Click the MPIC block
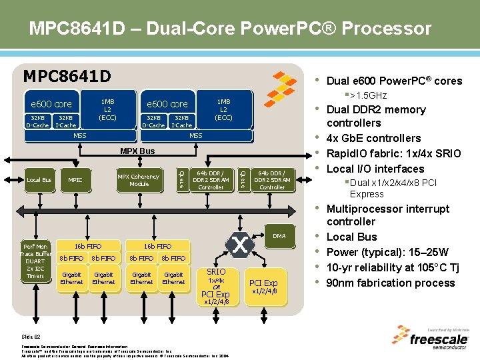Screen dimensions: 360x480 (x=75, y=180)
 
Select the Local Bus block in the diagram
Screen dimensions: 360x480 (x=39, y=180)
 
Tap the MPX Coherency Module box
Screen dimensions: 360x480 (x=139, y=180)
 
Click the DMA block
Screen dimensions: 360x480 (x=279, y=235)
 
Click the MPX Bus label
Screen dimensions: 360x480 (x=137, y=151)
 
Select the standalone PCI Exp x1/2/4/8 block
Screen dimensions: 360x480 (x=263, y=286)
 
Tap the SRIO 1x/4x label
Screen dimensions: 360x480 (x=216, y=276)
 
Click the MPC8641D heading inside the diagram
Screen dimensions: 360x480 (x=67, y=75)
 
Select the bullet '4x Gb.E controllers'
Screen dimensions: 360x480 (x=373, y=138)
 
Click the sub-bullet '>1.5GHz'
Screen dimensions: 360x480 (x=367, y=95)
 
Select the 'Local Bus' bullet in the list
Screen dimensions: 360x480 (x=351, y=237)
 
